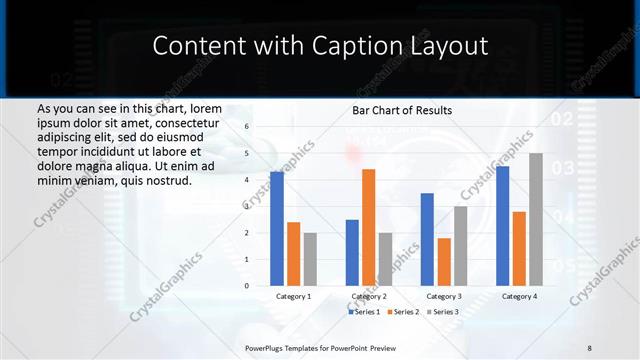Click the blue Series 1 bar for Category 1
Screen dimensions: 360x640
[x=277, y=229]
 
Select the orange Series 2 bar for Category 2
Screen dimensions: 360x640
[x=368, y=227]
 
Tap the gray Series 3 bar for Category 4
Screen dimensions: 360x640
[x=536, y=219]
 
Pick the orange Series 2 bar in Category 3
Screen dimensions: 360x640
[x=444, y=262]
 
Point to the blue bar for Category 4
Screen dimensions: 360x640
[x=503, y=226]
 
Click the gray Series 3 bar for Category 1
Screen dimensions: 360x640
[x=310, y=259]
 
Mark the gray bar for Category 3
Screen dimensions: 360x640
[x=460, y=246]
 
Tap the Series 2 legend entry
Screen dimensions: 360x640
[x=404, y=312]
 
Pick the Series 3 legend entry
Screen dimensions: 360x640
[x=443, y=312]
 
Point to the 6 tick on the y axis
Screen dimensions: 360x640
[x=248, y=127]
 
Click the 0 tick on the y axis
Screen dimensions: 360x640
[x=248, y=286]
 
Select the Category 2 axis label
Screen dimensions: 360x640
[x=368, y=296]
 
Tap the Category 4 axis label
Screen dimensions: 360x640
[x=519, y=296]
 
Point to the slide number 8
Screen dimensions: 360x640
[x=589, y=346]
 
